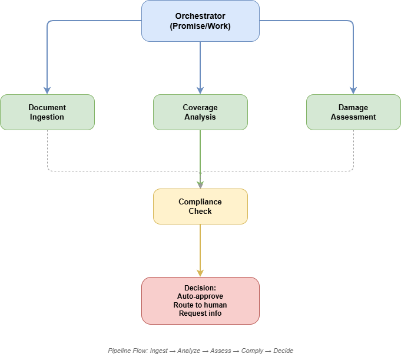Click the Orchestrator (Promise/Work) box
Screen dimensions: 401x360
(200, 21)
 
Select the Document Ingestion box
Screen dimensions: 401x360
(47, 112)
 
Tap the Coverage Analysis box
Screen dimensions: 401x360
(200, 112)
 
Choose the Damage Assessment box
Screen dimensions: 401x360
(353, 112)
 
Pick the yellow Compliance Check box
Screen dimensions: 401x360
(200, 206)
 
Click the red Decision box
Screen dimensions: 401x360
(200, 300)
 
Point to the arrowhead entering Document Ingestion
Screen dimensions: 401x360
(47, 91)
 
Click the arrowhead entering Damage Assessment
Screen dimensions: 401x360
(353, 91)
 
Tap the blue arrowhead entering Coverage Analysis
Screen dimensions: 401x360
(200, 91)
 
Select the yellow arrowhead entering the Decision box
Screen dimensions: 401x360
(200, 273)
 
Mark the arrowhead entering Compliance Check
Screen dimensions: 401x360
(200, 185)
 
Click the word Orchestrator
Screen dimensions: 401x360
(200, 16)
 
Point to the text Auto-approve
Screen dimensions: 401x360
(200, 296)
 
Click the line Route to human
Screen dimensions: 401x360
(200, 305)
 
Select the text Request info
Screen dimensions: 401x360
(200, 313)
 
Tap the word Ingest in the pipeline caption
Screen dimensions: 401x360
(159, 351)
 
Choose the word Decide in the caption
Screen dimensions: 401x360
(283, 351)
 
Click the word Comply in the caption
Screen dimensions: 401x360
(252, 351)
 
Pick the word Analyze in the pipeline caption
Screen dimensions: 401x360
(189, 351)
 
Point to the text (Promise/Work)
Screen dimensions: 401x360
(200, 26)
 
